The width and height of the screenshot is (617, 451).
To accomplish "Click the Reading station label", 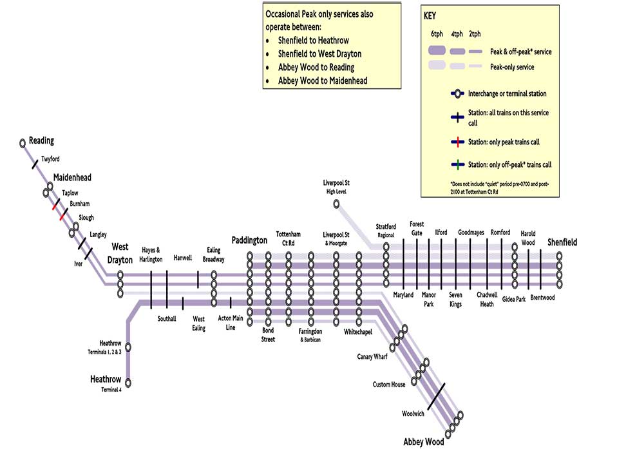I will point(41,140).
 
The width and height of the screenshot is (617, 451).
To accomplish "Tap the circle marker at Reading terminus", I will point(23,142).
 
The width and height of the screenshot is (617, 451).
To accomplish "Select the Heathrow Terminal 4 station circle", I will point(128,383).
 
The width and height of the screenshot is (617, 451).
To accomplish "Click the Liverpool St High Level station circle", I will point(336,204).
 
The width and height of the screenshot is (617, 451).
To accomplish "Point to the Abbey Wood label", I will point(423,442).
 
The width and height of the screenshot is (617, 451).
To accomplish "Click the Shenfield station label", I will point(562,242).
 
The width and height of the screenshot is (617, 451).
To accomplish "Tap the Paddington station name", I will point(249,240).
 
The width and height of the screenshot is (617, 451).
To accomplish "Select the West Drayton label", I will point(122,253).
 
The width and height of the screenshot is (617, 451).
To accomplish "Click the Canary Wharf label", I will point(372,356).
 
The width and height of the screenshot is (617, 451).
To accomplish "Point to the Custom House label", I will point(389,385).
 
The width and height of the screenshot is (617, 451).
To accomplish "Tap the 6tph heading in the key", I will point(438,34).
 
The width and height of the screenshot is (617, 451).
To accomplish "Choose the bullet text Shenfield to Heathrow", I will point(313,41).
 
